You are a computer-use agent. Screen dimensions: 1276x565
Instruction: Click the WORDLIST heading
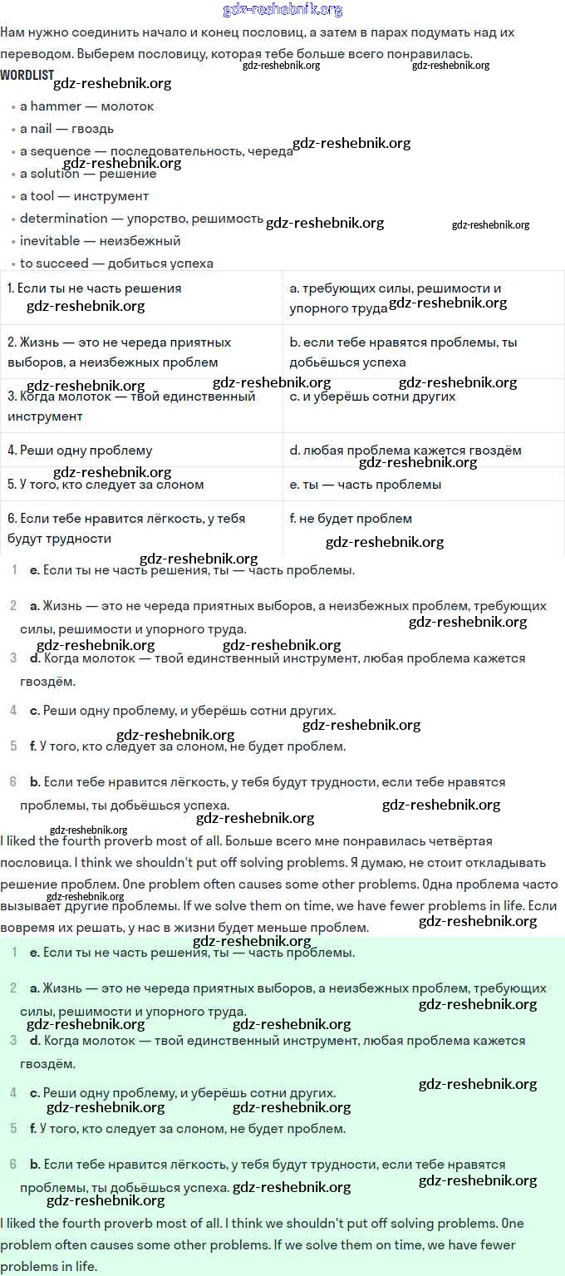[26, 75]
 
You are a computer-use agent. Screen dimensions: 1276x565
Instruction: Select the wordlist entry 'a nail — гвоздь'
[66, 129]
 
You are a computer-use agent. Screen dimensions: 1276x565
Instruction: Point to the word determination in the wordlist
[64, 219]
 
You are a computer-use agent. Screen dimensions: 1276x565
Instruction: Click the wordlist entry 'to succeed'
[54, 264]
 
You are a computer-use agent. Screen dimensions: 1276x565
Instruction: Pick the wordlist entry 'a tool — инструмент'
[84, 196]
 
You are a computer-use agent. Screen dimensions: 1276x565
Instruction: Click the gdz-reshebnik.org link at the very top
[282, 10]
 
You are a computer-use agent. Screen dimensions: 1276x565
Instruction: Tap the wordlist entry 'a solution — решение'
[88, 174]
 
